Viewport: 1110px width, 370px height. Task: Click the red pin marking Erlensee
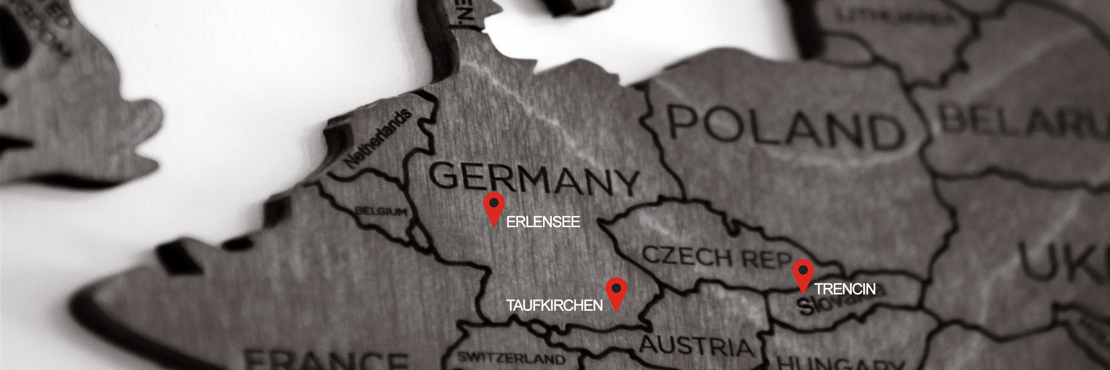coord(494,207)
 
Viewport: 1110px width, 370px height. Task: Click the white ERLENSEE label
coord(543,222)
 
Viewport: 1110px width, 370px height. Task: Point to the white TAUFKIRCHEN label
coord(554,305)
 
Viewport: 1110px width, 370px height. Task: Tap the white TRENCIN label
coord(845,289)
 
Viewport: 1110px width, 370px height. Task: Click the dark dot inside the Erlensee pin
coord(494,202)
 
